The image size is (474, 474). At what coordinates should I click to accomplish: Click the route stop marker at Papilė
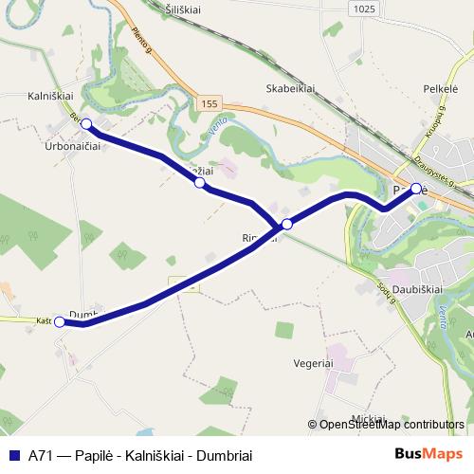(x=416, y=189)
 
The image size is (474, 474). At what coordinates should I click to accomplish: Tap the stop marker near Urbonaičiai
(x=86, y=124)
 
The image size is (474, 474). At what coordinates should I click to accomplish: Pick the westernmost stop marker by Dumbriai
(x=60, y=322)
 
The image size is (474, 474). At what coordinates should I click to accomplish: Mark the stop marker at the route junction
(x=286, y=225)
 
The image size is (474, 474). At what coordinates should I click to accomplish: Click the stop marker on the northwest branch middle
(x=199, y=182)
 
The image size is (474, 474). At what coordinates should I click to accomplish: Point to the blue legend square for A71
(x=14, y=455)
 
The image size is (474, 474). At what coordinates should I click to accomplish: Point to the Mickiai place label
(x=367, y=417)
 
